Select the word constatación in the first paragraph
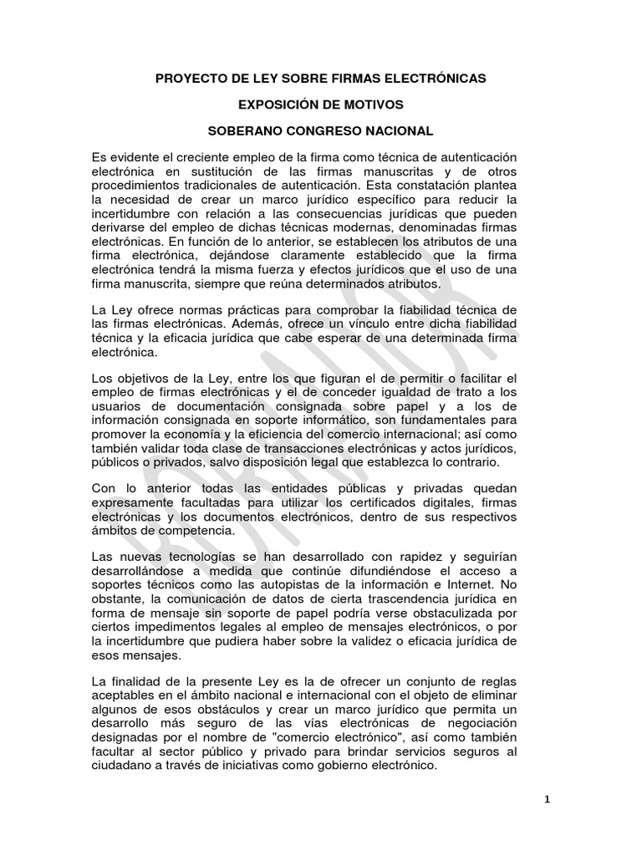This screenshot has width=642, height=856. (x=432, y=185)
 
